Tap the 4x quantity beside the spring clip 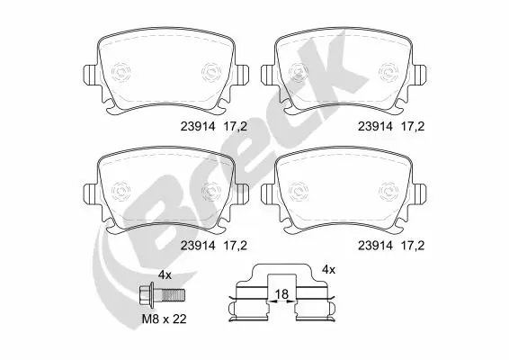pos(328,269)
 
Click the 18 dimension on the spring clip pos(281,293)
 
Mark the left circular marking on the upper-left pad pos(123,69)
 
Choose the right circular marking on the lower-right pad pos(388,192)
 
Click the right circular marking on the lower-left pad pos(210,192)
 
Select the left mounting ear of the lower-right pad pos(266,192)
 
